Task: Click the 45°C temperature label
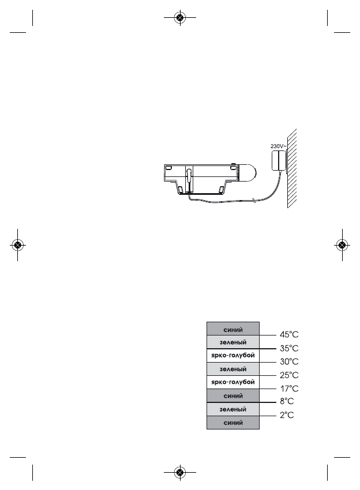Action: pyautogui.click(x=289, y=335)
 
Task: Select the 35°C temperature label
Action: pyautogui.click(x=289, y=348)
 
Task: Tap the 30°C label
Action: pyautogui.click(x=289, y=362)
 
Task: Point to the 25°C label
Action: pyautogui.click(x=289, y=375)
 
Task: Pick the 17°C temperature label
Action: pyautogui.click(x=289, y=389)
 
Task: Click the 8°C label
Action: pyautogui.click(x=287, y=402)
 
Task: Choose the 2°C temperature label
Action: pyautogui.click(x=287, y=415)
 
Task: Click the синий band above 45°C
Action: pyautogui.click(x=233, y=329)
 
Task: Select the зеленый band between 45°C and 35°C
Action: pyautogui.click(x=233, y=342)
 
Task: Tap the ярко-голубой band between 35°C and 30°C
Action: pyautogui.click(x=233, y=356)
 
